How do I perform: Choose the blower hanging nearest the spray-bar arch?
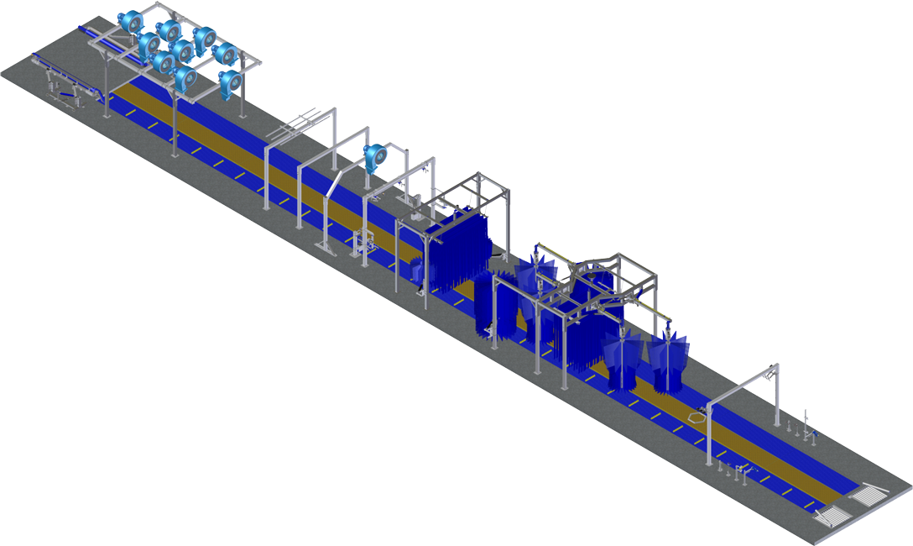[230, 82]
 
